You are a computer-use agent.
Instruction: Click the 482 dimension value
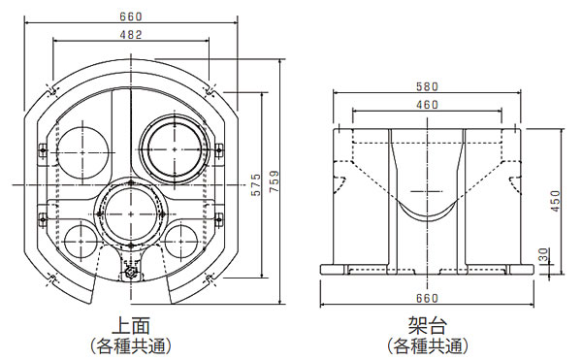click(131, 35)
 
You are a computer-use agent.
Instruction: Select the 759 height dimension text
click(274, 181)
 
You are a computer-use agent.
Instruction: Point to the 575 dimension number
click(256, 184)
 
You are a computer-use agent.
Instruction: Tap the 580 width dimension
click(427, 86)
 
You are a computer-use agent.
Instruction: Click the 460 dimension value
click(427, 105)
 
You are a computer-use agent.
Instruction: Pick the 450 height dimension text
click(555, 201)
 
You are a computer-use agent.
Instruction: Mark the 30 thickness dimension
click(543, 255)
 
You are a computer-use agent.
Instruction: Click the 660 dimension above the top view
click(131, 16)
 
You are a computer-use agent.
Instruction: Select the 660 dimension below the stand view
click(427, 299)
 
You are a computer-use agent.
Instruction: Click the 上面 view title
click(131, 325)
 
